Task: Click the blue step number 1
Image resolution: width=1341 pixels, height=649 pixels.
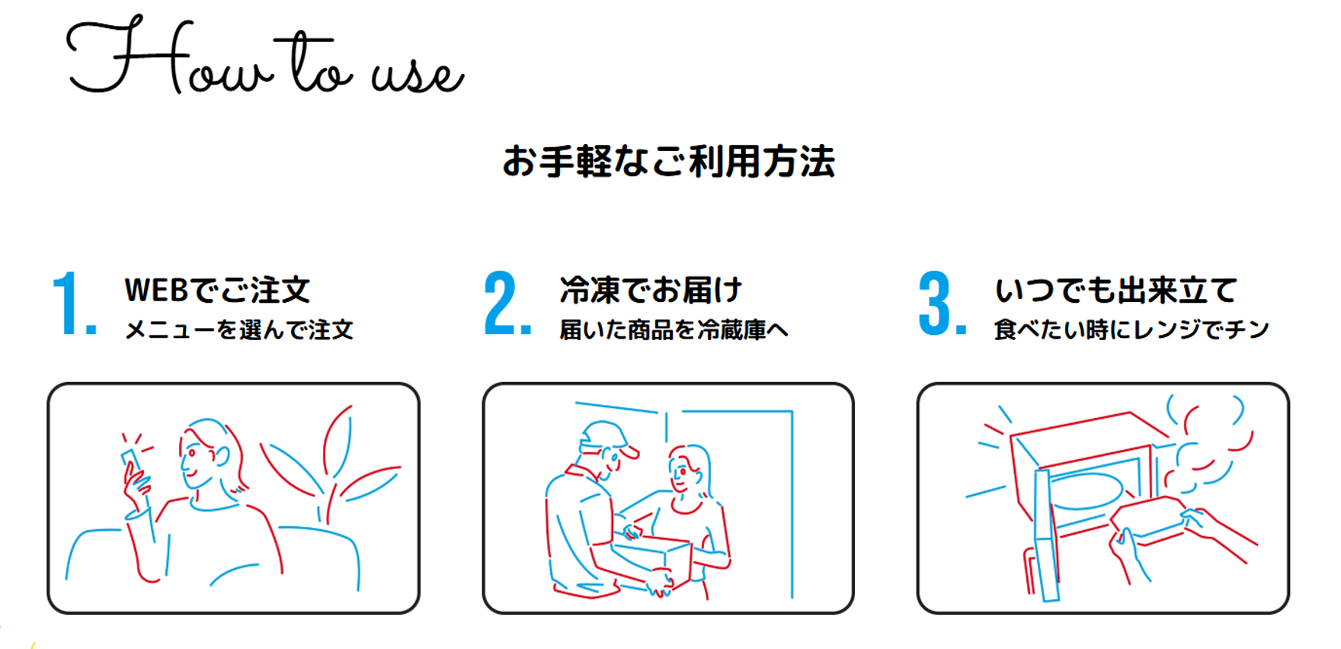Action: (74, 304)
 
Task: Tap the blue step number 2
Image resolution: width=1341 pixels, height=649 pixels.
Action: (507, 304)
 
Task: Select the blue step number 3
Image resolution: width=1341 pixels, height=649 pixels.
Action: (942, 304)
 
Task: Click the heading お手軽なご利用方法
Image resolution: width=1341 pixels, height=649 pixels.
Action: (669, 162)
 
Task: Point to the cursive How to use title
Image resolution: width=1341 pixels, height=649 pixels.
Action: (265, 57)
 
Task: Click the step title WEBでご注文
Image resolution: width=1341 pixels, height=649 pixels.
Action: (218, 290)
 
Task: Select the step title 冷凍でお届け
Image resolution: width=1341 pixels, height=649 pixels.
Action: (651, 290)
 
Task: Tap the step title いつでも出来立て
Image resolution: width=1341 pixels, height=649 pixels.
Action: (1115, 290)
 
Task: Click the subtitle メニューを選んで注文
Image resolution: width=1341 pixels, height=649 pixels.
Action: (239, 329)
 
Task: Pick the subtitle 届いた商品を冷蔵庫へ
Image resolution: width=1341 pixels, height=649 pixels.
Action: (674, 329)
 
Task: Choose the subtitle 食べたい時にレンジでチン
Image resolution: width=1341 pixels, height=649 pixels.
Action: (1131, 329)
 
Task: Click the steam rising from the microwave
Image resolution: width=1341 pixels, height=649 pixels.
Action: (1208, 442)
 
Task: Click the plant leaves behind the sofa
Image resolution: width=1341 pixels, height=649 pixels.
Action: (331, 465)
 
